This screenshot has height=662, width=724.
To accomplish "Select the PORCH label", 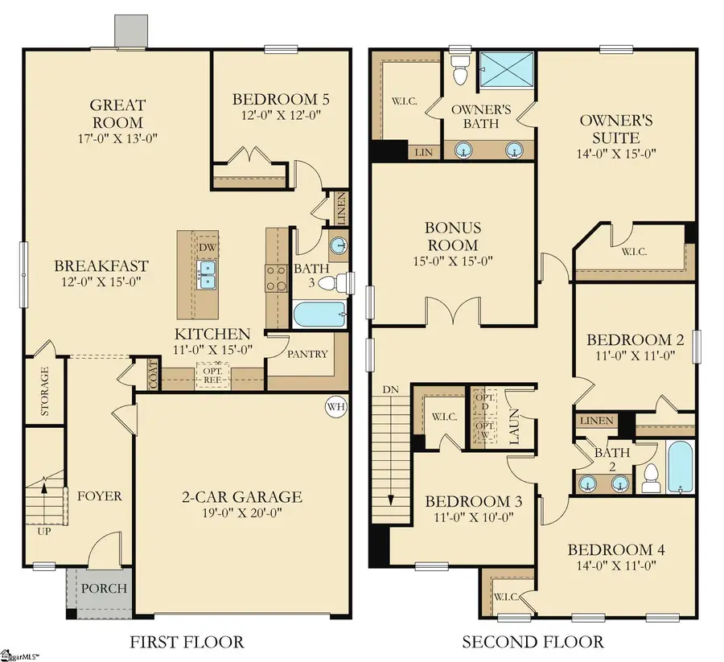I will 105,588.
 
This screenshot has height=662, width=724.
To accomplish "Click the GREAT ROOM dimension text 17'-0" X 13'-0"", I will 117,138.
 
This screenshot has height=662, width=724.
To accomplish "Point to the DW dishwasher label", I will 208,247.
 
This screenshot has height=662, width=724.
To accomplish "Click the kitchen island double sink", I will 208,273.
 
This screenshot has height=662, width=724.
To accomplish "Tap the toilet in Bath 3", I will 341,283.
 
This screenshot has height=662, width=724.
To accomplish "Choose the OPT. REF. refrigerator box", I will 213,374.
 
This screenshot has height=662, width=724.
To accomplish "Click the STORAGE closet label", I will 44,392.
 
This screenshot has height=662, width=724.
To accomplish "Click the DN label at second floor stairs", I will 391,389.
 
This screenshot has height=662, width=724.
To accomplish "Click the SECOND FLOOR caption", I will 532,642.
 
